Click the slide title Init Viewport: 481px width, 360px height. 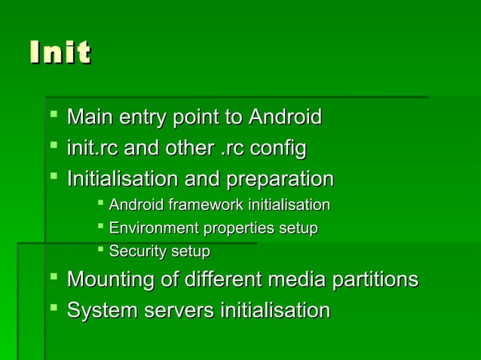(x=60, y=53)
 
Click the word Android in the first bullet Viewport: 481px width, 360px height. (x=285, y=117)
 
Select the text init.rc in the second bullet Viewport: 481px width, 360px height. (x=92, y=148)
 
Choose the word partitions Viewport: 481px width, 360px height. (x=371, y=280)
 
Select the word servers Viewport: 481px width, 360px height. (x=176, y=310)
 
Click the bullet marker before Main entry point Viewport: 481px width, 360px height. (x=53, y=116)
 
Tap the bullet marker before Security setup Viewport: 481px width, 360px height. (x=100, y=248)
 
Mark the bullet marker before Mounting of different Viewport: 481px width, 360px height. (x=53, y=279)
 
